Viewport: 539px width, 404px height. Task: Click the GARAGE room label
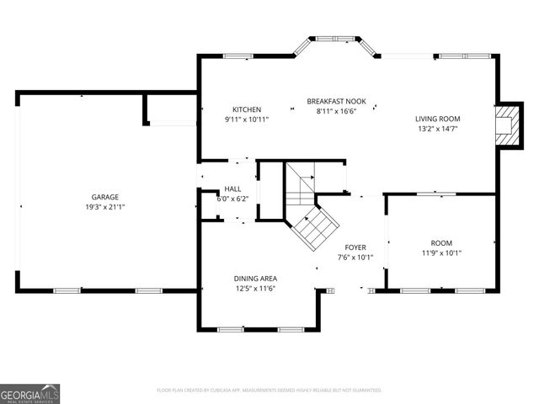pyautogui.click(x=105, y=196)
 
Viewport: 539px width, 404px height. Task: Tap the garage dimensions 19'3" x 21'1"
pyautogui.click(x=105, y=206)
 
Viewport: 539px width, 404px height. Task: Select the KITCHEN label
pyautogui.click(x=247, y=109)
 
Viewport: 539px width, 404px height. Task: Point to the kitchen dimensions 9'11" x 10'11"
pyautogui.click(x=247, y=120)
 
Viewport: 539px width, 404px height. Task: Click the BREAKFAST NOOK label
pyautogui.click(x=337, y=100)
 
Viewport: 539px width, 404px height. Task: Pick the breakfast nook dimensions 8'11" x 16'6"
pyautogui.click(x=337, y=110)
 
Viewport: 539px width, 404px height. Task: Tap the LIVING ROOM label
pyautogui.click(x=438, y=119)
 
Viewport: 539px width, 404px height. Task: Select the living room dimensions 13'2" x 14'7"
pyautogui.click(x=438, y=129)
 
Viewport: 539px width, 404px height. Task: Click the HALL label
pyautogui.click(x=233, y=189)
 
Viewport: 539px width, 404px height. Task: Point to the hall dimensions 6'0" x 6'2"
pyautogui.click(x=233, y=199)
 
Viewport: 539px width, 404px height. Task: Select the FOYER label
pyautogui.click(x=355, y=247)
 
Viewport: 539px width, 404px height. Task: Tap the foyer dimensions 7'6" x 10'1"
pyautogui.click(x=355, y=258)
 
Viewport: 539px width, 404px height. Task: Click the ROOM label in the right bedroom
pyautogui.click(x=441, y=242)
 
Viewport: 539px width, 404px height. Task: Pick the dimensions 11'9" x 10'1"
pyautogui.click(x=441, y=252)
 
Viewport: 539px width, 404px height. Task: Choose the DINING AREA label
pyautogui.click(x=255, y=279)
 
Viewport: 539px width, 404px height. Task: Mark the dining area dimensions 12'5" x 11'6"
pyautogui.click(x=255, y=289)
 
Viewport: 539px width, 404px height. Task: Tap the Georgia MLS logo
pyautogui.click(x=29, y=394)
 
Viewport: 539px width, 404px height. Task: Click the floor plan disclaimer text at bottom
pyautogui.click(x=269, y=391)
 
